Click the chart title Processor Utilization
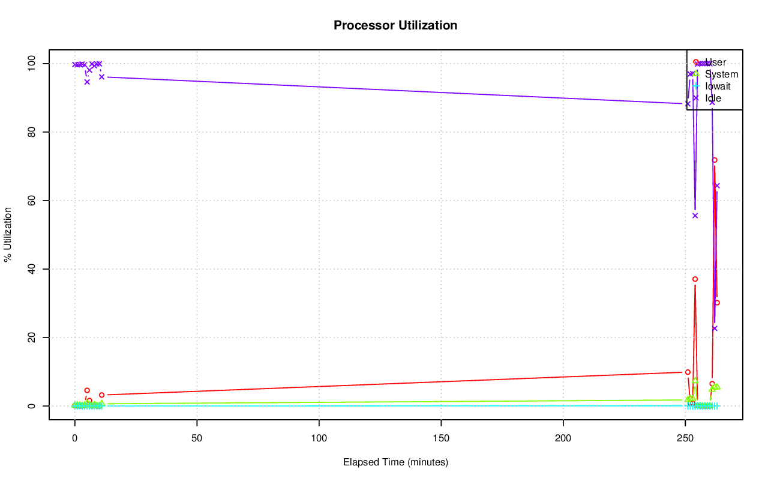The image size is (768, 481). pos(395,25)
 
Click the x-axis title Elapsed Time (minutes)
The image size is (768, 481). pos(395,462)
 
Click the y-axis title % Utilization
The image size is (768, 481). pos(8,234)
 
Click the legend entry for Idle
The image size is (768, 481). pos(713,98)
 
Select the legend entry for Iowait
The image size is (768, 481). pos(718,86)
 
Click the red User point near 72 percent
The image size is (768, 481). pos(715,160)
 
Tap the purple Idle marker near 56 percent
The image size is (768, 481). pos(695,216)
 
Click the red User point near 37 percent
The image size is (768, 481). pos(695,279)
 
